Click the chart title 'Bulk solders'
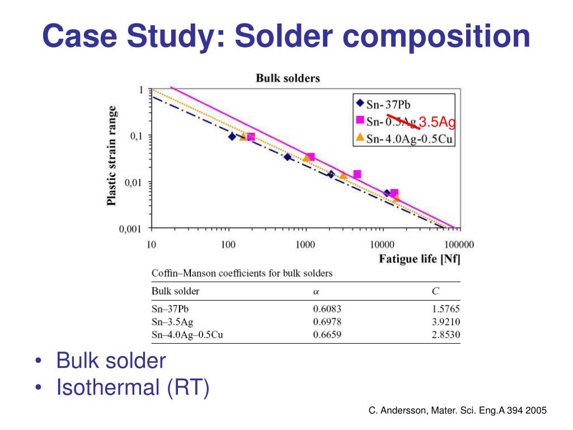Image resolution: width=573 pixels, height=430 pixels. coord(288,78)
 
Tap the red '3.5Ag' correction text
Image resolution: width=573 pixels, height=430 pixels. coord(438,121)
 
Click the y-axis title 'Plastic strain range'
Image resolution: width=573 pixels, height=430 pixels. coord(112,155)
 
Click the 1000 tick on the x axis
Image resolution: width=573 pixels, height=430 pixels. coord(305,245)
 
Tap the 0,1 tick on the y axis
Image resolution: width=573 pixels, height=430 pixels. coord(136,136)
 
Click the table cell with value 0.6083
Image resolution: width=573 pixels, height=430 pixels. coord(327,309)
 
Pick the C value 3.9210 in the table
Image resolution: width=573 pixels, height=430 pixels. coord(446,322)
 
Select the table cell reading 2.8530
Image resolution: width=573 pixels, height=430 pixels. coord(446,335)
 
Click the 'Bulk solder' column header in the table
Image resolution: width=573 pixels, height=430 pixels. coord(175,291)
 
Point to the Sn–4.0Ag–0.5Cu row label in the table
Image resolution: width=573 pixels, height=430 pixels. coord(191,335)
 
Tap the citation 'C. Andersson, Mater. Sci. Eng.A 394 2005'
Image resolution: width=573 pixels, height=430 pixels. coord(457,410)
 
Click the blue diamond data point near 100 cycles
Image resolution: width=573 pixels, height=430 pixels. coord(232,137)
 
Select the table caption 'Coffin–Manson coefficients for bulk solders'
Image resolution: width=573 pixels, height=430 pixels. coord(242,273)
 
